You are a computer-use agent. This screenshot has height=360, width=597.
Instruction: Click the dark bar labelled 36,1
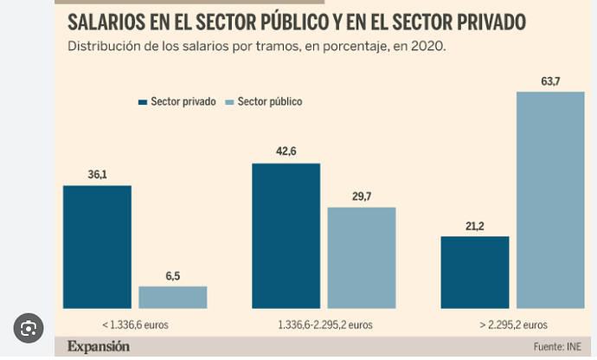click(97, 247)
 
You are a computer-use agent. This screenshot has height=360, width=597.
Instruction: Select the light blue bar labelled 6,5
click(172, 297)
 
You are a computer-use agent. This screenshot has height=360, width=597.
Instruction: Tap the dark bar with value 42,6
click(286, 235)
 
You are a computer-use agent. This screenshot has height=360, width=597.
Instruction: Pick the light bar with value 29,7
click(361, 258)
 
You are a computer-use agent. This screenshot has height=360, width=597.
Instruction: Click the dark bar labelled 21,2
click(474, 272)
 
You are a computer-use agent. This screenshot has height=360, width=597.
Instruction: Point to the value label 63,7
click(550, 82)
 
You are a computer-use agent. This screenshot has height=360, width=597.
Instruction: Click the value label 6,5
click(173, 277)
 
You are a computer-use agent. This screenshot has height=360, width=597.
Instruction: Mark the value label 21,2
click(475, 227)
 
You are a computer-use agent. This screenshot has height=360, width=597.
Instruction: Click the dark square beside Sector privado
click(143, 102)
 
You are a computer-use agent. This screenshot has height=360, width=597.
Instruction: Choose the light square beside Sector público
click(229, 102)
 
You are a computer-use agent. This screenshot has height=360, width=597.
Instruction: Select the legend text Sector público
click(270, 102)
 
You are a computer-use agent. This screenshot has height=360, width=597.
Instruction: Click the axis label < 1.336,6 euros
click(134, 325)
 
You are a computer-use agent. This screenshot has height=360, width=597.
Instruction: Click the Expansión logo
click(99, 346)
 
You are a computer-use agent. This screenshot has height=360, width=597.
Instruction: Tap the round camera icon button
click(28, 328)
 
